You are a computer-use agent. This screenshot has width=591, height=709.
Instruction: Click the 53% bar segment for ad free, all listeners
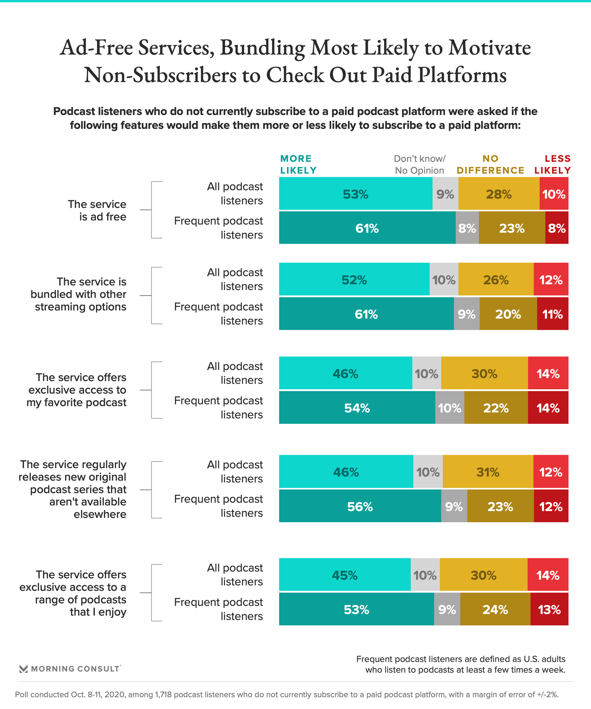click(355, 194)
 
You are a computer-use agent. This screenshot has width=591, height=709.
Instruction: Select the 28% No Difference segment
click(498, 194)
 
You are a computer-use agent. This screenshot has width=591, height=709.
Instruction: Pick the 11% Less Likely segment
click(552, 314)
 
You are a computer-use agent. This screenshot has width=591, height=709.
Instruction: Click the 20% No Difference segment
click(508, 314)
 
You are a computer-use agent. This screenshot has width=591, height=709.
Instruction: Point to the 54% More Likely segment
click(357, 408)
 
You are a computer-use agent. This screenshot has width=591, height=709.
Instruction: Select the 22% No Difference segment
click(496, 408)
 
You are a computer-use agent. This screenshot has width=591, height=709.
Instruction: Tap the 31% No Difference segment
click(488, 472)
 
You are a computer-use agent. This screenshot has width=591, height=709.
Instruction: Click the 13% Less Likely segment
click(549, 610)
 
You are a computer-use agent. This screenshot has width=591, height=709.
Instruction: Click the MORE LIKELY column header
click(298, 164)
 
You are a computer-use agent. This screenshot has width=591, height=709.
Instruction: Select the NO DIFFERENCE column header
click(490, 164)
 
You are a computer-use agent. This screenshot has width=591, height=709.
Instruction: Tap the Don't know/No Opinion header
click(420, 164)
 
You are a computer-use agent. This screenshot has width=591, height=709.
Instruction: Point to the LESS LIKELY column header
click(553, 164)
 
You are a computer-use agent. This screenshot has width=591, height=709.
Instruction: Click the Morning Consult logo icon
click(23, 669)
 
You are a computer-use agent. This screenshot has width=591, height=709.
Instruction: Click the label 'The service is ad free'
click(97, 210)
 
